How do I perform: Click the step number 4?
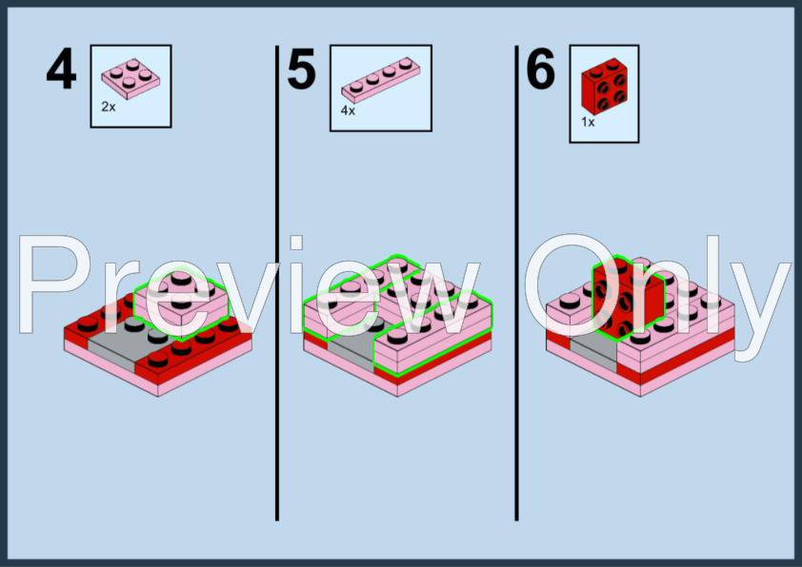tap(61, 68)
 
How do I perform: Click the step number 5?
tap(301, 68)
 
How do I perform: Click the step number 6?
tap(541, 68)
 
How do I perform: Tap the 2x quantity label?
tap(109, 107)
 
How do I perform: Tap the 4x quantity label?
tap(348, 110)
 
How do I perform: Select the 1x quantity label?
tap(588, 122)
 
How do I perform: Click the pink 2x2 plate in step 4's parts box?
tap(130, 79)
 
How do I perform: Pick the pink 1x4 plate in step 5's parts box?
tap(381, 80)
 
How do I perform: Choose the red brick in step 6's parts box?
tap(604, 87)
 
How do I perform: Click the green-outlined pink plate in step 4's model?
tap(181, 303)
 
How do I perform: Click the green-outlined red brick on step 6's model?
tap(628, 297)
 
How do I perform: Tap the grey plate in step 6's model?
tap(593, 352)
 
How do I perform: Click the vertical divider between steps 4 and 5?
tap(277, 283)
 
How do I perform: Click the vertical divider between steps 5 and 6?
tap(516, 283)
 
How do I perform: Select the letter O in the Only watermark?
tap(571, 284)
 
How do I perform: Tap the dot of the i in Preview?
tap(296, 243)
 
